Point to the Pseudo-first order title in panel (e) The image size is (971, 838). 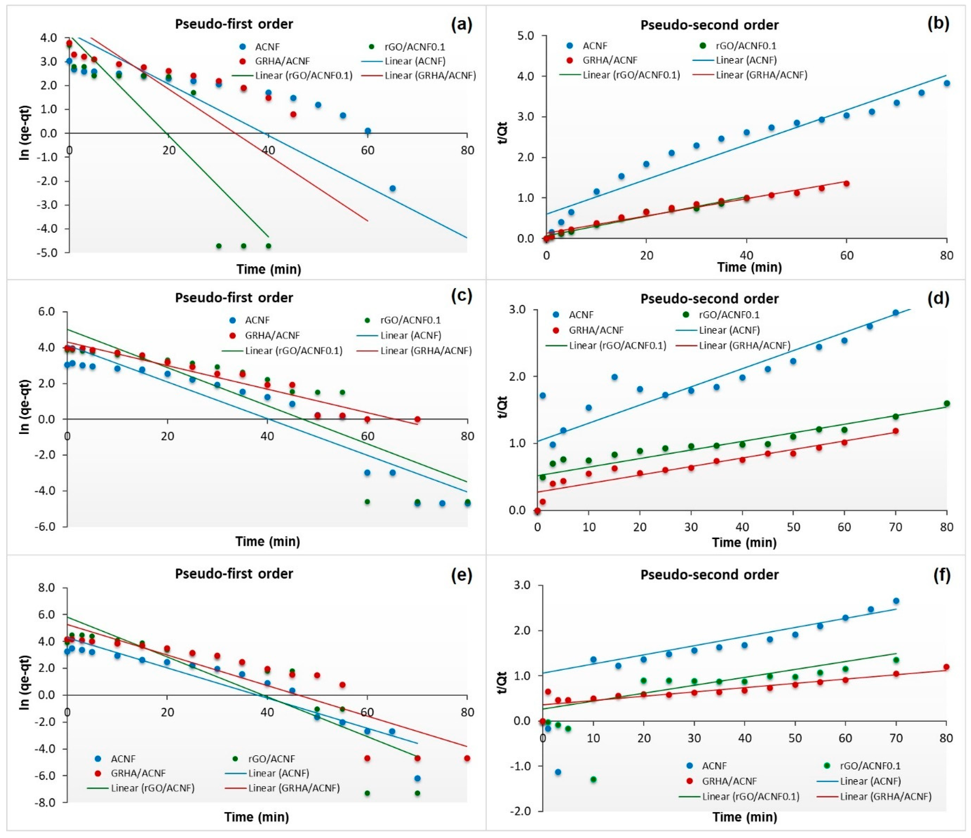(234, 574)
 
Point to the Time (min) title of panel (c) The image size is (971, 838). (268, 542)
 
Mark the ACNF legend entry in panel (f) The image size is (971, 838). (714, 766)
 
